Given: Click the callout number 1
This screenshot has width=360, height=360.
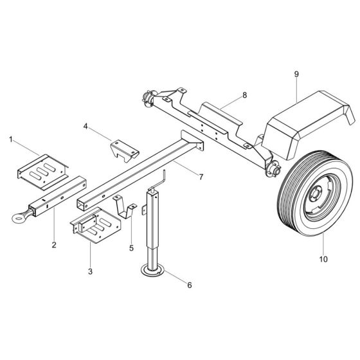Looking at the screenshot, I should pyautogui.click(x=10, y=138).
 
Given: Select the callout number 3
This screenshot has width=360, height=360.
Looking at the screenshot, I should pyautogui.click(x=91, y=272).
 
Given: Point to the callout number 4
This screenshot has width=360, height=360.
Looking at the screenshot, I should pyautogui.click(x=86, y=127).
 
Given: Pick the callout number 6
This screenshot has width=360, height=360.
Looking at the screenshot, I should pyautogui.click(x=188, y=283).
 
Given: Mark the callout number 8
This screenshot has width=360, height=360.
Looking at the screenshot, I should pyautogui.click(x=244, y=95).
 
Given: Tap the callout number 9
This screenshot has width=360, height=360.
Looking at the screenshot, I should pyautogui.click(x=296, y=75).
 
